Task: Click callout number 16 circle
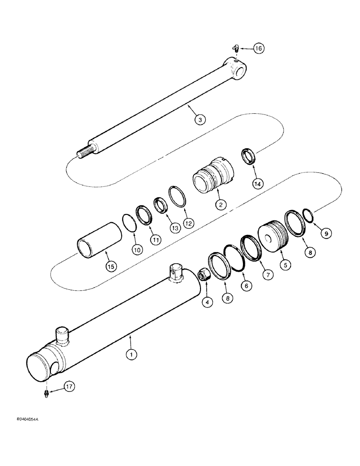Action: pyautogui.click(x=259, y=48)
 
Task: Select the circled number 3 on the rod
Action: pyautogui.click(x=200, y=120)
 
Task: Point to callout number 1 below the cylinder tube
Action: pyautogui.click(x=132, y=355)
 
